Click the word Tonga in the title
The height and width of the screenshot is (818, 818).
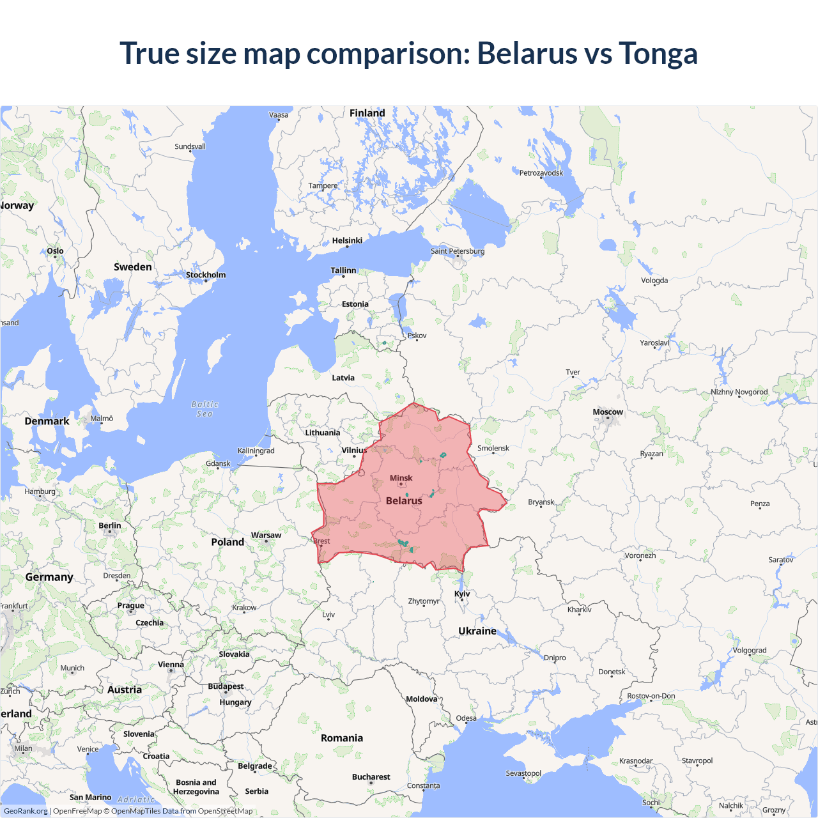click(658, 53)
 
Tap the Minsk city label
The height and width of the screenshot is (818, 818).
click(401, 478)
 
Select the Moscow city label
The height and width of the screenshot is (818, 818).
click(607, 412)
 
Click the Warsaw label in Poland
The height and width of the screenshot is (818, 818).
click(266, 535)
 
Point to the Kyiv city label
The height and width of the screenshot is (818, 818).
click(462, 594)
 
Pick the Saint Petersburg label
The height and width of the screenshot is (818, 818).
click(457, 251)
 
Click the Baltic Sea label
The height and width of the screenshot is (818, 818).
click(205, 409)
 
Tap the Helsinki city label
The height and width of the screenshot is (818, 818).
click(347, 240)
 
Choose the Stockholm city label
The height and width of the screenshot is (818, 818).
click(205, 275)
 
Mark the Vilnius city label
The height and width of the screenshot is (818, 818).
click(354, 450)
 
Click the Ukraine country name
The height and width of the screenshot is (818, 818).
click(477, 631)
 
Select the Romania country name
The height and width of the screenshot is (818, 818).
click(341, 737)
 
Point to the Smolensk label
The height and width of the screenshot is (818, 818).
click(493, 448)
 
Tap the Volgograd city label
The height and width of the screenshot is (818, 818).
click(749, 650)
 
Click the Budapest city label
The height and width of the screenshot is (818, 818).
click(226, 686)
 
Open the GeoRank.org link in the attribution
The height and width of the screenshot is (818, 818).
click(26, 811)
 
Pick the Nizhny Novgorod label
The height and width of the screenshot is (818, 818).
click(739, 392)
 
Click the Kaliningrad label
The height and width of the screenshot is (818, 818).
click(256, 451)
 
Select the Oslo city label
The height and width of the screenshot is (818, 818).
click(55, 251)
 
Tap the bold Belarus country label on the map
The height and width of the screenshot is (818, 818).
click(404, 500)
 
